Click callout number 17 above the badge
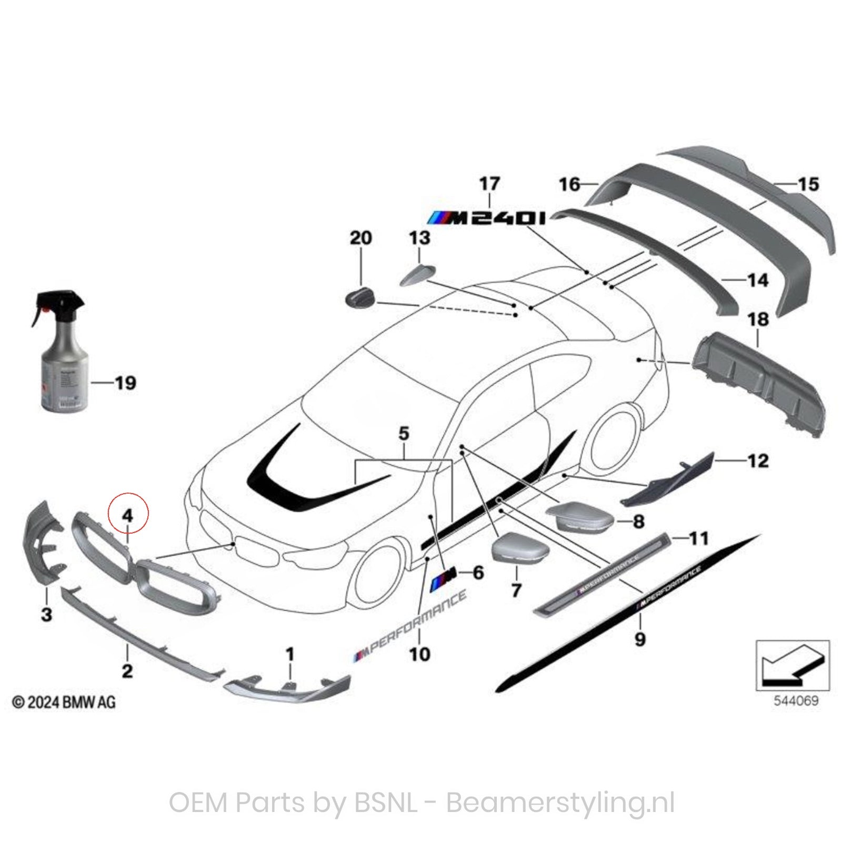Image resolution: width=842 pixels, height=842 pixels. (489, 184)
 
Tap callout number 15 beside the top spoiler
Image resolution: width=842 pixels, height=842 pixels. (808, 184)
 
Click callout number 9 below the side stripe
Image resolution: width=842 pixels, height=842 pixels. (639, 639)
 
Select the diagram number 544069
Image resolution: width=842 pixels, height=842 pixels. (796, 700)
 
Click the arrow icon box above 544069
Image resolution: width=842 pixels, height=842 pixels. (793, 666)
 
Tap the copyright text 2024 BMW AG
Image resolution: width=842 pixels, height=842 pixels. (64, 702)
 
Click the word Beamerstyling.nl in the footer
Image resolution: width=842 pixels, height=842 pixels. (560, 803)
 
